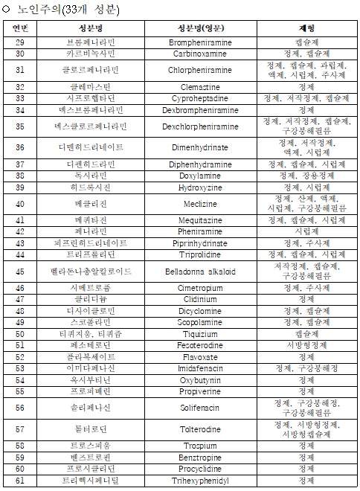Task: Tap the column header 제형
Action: tap(306, 28)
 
